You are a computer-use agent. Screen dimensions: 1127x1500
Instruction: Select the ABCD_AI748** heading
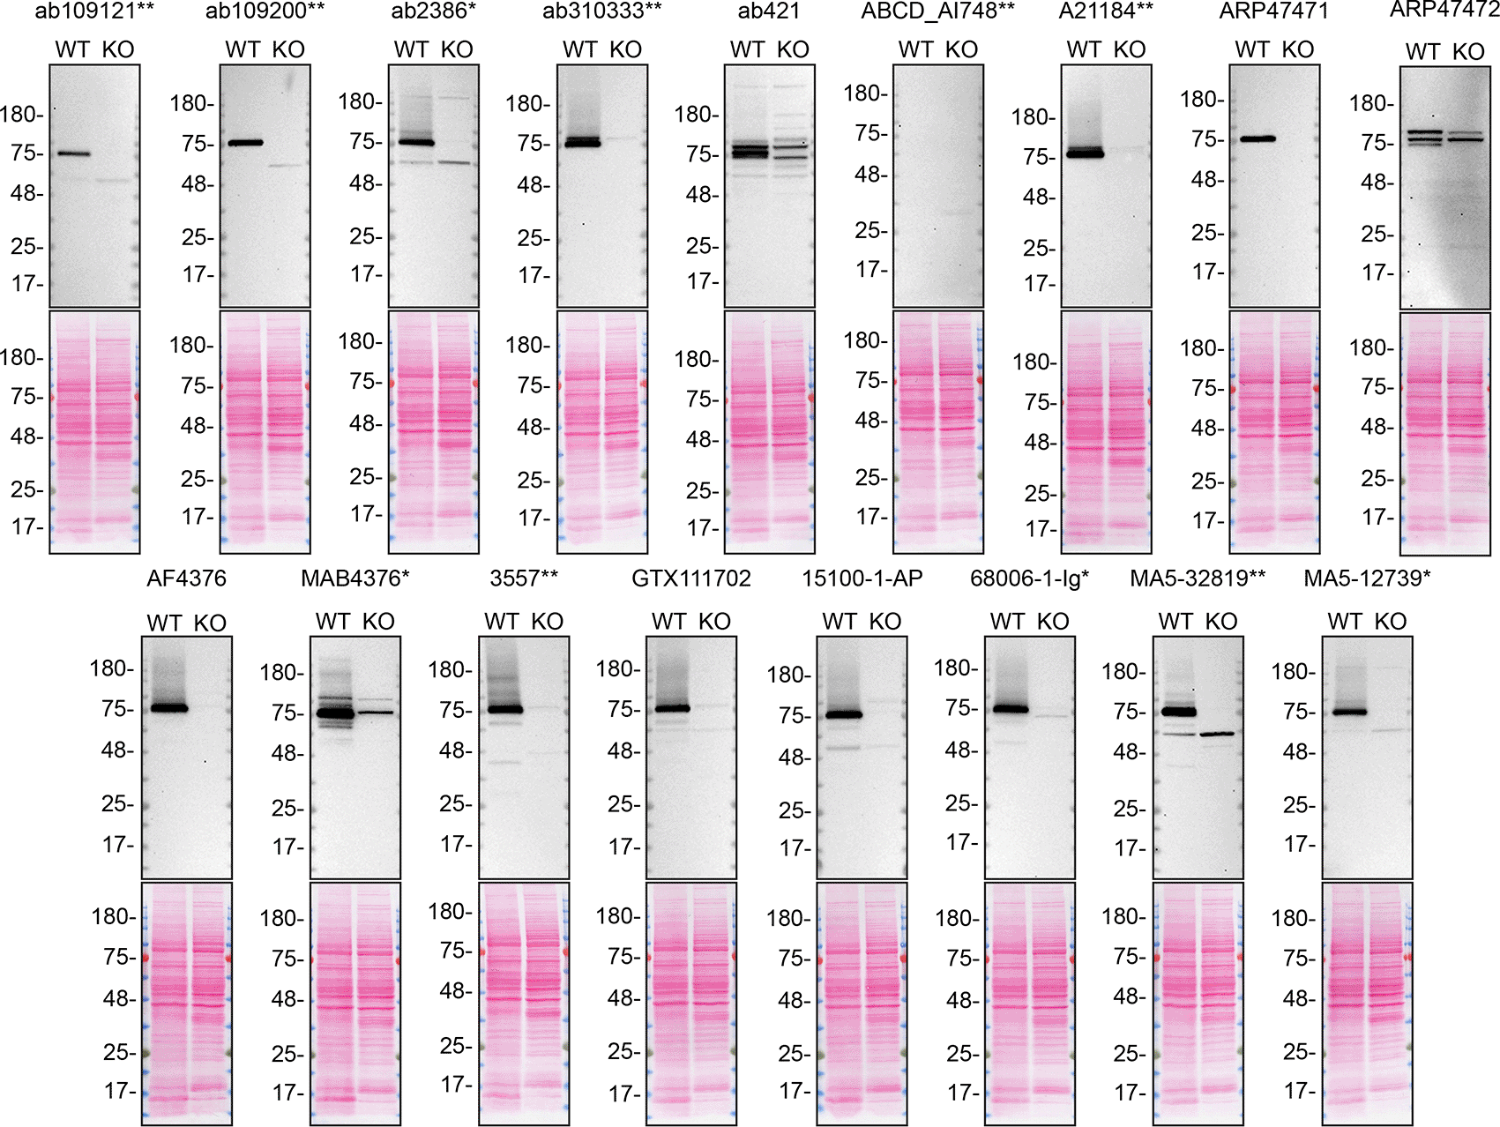[x=937, y=11]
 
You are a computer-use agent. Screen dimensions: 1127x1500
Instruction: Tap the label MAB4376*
[x=354, y=578]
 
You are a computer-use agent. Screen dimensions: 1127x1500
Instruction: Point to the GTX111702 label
[x=691, y=578]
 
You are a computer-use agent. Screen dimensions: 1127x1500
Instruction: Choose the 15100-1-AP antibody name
[x=862, y=578]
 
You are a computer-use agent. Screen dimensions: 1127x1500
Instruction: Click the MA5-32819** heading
[x=1198, y=578]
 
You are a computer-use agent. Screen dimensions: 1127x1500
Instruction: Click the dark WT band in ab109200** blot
[x=246, y=142]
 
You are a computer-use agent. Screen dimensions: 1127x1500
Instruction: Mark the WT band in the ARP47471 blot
[x=1257, y=138]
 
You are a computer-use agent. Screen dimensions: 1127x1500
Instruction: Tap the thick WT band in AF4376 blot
[x=169, y=707]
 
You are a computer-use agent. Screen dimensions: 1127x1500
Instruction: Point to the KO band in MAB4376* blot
[x=376, y=712]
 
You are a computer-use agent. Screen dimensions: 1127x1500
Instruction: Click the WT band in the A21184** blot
[x=1085, y=153]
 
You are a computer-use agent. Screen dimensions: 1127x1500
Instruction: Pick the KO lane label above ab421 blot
[x=793, y=50]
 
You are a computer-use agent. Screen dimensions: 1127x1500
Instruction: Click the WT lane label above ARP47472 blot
[x=1422, y=52]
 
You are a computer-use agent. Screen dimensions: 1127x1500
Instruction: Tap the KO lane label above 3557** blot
[x=547, y=622]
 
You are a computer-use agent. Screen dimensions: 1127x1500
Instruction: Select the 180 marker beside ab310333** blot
[x=526, y=104]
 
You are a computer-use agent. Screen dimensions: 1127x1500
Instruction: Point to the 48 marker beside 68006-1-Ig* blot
[x=961, y=750]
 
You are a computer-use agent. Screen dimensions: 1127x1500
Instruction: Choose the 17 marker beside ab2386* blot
[x=365, y=274]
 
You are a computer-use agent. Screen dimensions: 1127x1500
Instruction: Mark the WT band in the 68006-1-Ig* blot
[x=1011, y=708]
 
